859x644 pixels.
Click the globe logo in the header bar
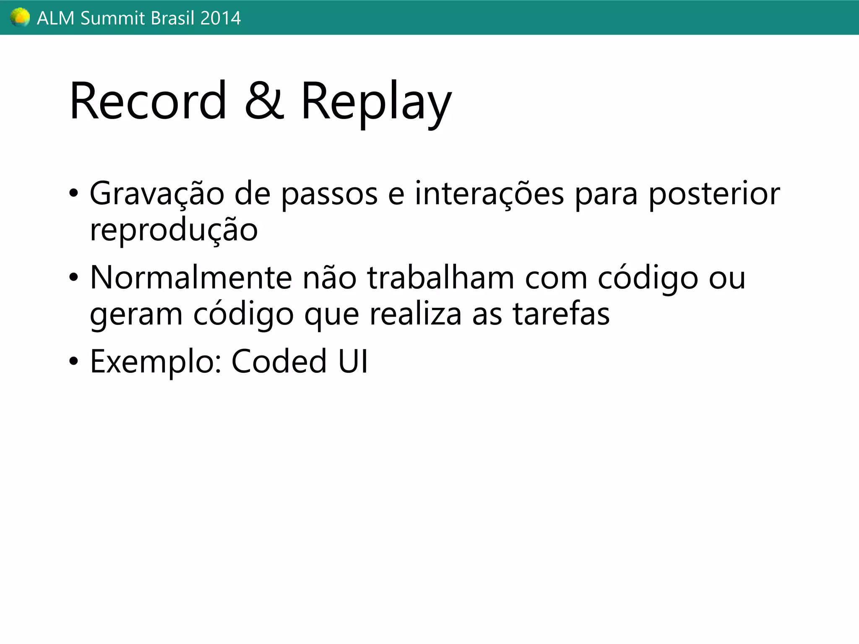pyautogui.click(x=20, y=18)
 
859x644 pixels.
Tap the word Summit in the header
pyautogui.click(x=107, y=18)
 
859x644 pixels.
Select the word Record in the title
pyautogui.click(x=148, y=101)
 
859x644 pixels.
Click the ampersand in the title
pyautogui.click(x=264, y=101)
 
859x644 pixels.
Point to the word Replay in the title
pyautogui.click(x=376, y=103)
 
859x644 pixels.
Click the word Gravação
pyautogui.click(x=157, y=194)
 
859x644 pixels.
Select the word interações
pyautogui.click(x=489, y=194)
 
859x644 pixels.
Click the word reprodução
pyautogui.click(x=174, y=231)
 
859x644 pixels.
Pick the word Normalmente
pyautogui.click(x=191, y=278)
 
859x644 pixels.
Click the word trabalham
pyautogui.click(x=441, y=278)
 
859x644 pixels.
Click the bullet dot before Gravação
pyautogui.click(x=74, y=194)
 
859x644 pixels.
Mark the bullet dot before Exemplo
pyautogui.click(x=74, y=361)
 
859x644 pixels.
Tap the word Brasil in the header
pyautogui.click(x=167, y=18)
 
